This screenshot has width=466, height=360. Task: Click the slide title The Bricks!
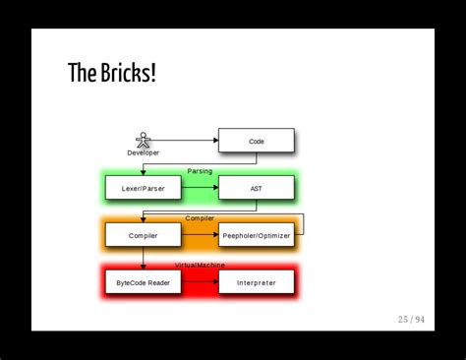pos(112,73)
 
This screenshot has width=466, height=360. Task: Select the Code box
pos(256,141)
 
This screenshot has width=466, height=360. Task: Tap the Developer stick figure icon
pos(143,140)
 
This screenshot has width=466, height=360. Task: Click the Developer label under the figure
pos(143,152)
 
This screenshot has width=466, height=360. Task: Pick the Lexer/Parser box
pos(144,188)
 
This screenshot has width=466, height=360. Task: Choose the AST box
pos(256,188)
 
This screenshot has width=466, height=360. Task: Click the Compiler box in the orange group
pos(144,235)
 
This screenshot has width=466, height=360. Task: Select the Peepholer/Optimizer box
pos(256,235)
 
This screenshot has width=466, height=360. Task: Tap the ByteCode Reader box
pos(144,282)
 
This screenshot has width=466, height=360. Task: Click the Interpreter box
pos(256,282)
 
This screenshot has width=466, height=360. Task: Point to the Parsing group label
pos(200,171)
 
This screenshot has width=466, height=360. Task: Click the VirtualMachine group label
pos(200,265)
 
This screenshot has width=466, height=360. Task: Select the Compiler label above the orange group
pos(200,217)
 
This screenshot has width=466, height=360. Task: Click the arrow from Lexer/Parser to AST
pos(200,188)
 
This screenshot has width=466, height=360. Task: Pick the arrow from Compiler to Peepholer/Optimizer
pos(200,235)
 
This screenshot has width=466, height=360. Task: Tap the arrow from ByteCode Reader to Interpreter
pos(200,282)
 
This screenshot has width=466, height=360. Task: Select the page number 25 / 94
pos(411,319)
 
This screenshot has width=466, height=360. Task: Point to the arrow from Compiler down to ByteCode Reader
pos(144,258)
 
